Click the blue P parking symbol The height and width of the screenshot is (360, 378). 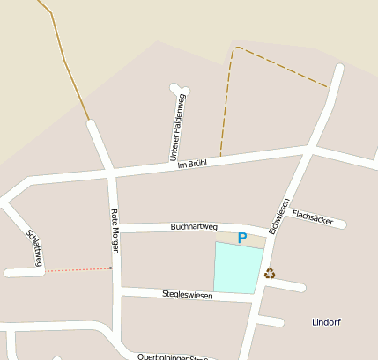[242, 238]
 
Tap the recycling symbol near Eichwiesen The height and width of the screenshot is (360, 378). [270, 273]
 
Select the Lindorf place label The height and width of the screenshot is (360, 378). [326, 322]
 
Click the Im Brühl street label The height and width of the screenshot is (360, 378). [191, 164]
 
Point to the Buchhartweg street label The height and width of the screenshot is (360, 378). [194, 226]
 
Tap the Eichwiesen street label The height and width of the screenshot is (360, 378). [279, 216]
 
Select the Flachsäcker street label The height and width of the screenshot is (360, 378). [312, 217]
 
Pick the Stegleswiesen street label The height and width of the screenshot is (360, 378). [188, 294]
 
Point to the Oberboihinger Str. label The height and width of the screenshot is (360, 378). [176, 356]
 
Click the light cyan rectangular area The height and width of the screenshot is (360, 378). [239, 268]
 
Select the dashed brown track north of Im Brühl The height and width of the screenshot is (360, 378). [282, 65]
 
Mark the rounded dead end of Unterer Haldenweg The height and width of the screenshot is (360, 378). [180, 89]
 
